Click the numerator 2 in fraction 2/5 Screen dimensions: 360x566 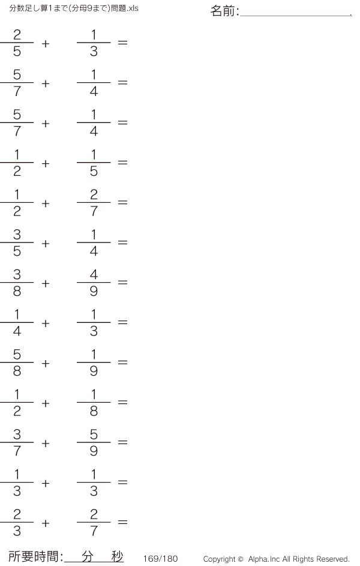[17, 35]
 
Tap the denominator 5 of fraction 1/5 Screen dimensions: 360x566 [94, 171]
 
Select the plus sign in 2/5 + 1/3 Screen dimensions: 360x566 [46, 44]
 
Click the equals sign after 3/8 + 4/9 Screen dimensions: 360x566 [122, 282]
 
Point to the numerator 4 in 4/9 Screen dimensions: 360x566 [94, 274]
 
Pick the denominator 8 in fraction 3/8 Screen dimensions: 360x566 [17, 291]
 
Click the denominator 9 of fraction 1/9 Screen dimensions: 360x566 [94, 371]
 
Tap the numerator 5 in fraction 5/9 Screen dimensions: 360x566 [94, 434]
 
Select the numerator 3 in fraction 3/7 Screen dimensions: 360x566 [17, 434]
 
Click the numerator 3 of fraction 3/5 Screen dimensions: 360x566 [17, 235]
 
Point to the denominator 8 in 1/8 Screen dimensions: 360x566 [94, 411]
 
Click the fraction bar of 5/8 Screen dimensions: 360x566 [17, 362]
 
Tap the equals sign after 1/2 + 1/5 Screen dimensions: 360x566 [122, 163]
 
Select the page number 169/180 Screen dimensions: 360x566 [161, 559]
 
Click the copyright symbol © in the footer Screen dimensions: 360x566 [241, 559]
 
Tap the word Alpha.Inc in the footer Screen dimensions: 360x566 [264, 559]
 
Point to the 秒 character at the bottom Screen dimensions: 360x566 [117, 556]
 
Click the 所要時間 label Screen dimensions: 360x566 [34, 556]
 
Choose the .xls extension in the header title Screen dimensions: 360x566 [133, 8]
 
